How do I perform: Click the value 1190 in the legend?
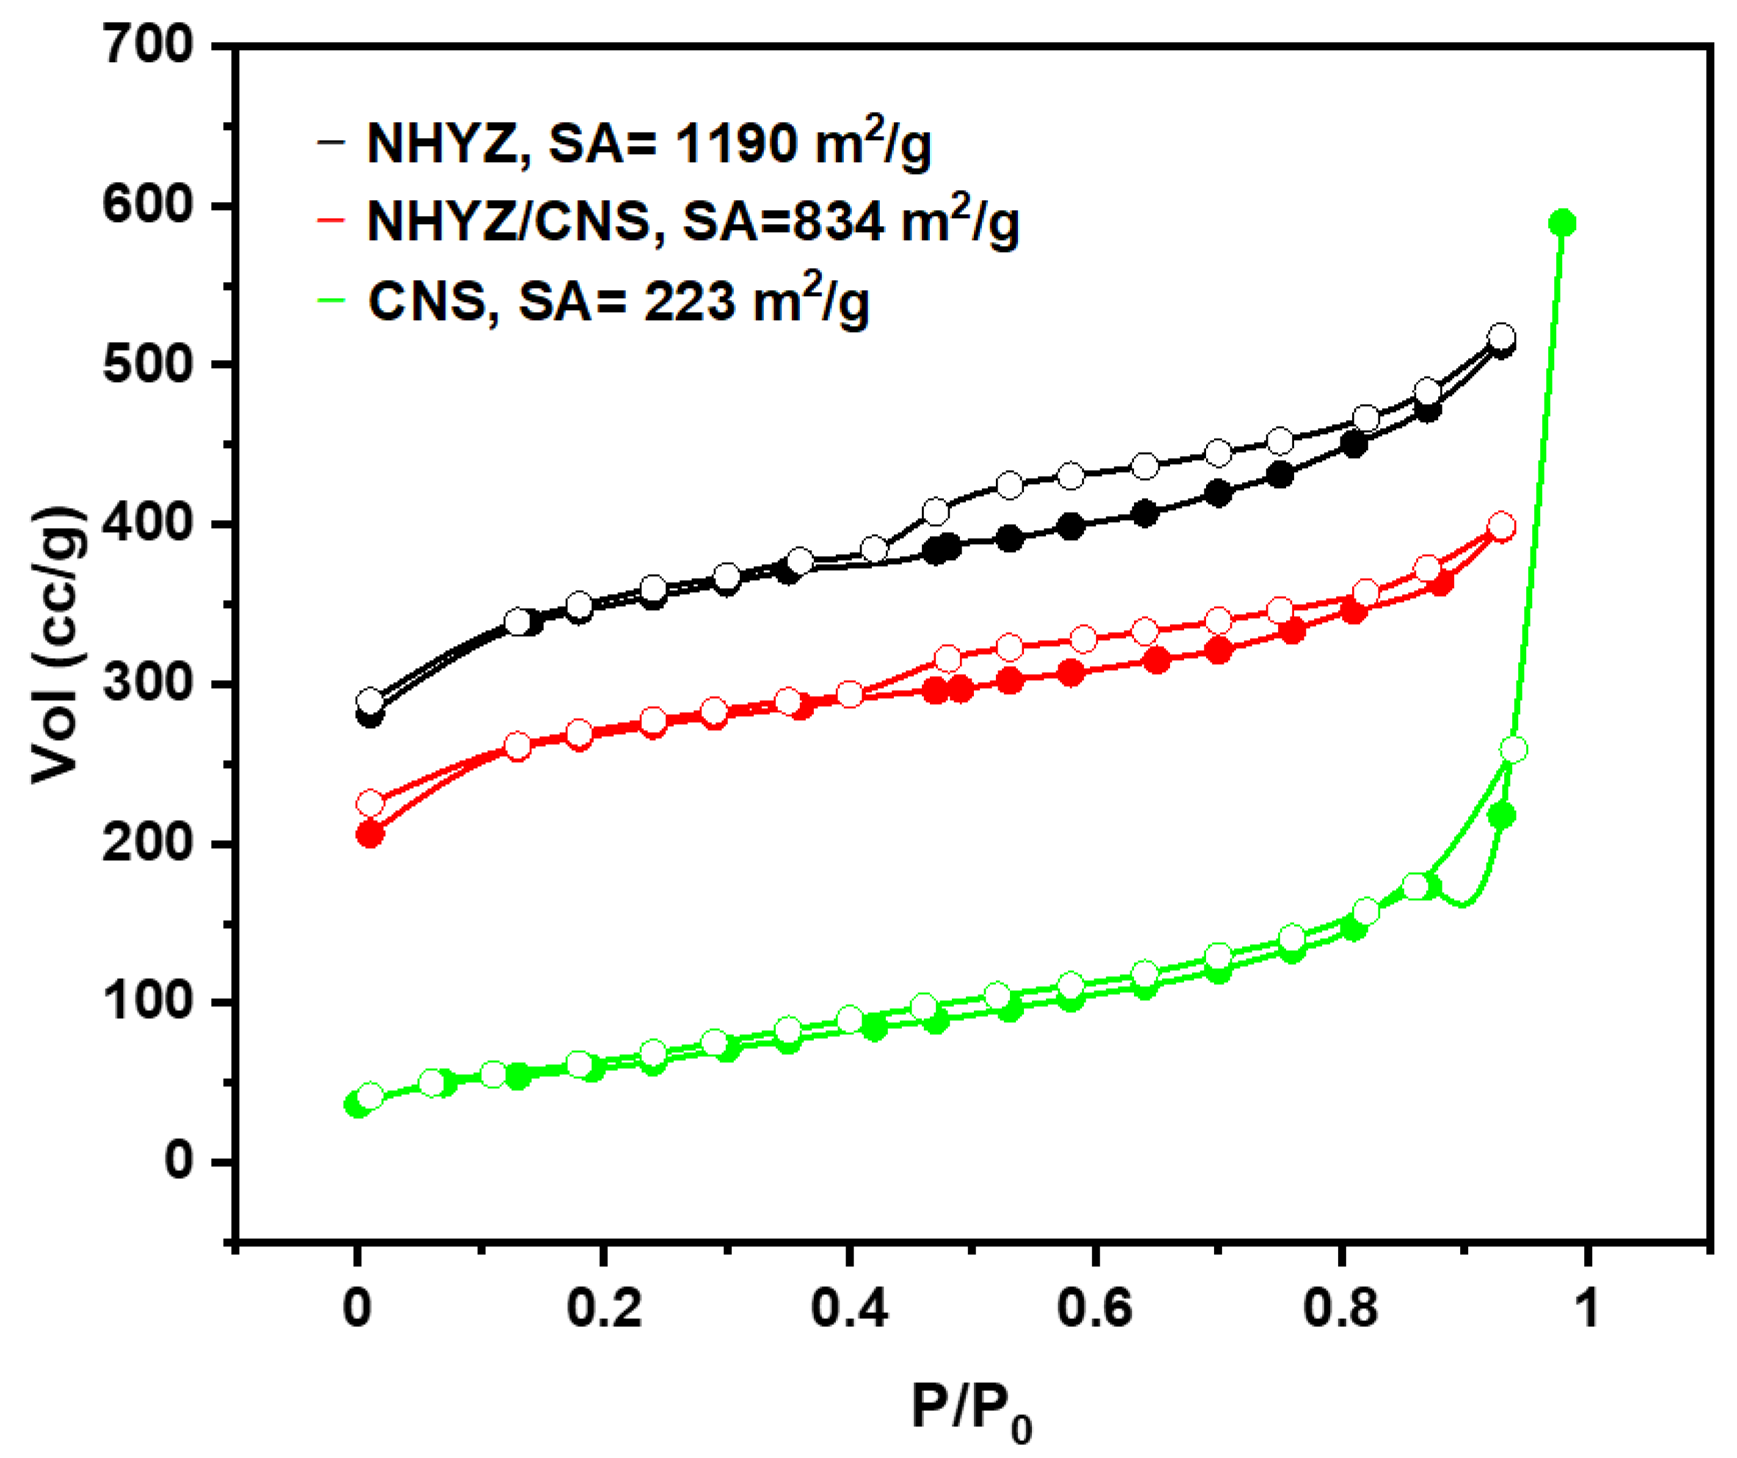[x=736, y=144]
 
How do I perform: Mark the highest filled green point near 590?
[x=1562, y=224]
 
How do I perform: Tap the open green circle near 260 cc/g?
[x=1513, y=750]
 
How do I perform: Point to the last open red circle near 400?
[x=1501, y=526]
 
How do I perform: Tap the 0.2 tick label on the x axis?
[x=604, y=1309]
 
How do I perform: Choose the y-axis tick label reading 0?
[x=178, y=1161]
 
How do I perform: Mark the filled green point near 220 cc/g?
[x=1501, y=816]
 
